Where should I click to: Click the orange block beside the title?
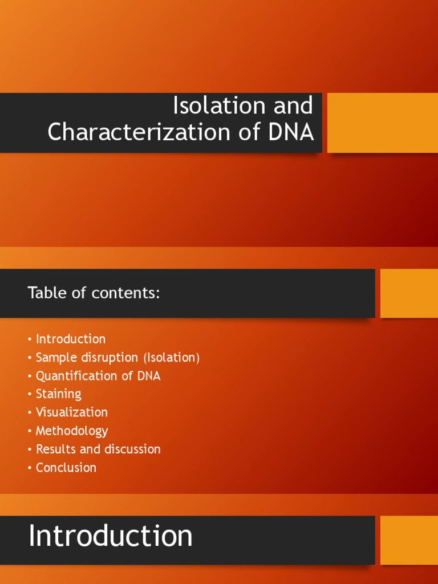tap(382, 123)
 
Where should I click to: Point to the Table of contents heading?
tap(94, 293)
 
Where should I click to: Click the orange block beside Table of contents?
tap(409, 293)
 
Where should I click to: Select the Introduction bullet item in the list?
tap(70, 339)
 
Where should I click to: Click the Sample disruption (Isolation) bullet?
tap(117, 358)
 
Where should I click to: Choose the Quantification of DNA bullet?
tap(98, 376)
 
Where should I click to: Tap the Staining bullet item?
tap(58, 394)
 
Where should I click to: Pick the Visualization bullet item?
tap(71, 412)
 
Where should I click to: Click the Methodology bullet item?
tap(71, 431)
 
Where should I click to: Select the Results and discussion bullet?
tap(98, 449)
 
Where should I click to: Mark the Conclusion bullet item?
tap(66, 468)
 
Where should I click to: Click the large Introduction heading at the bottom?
tap(111, 537)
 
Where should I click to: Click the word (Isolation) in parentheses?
tap(171, 358)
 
